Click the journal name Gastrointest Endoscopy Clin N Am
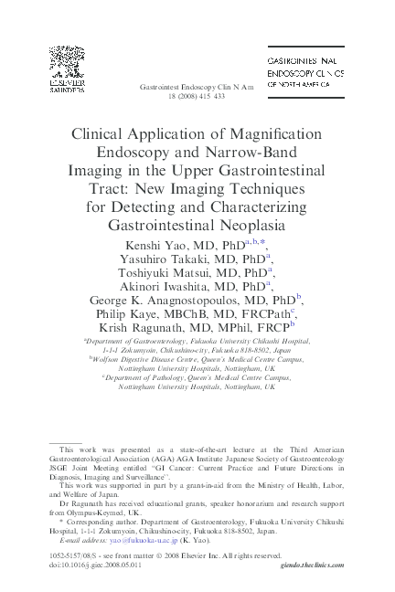click(197, 86)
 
